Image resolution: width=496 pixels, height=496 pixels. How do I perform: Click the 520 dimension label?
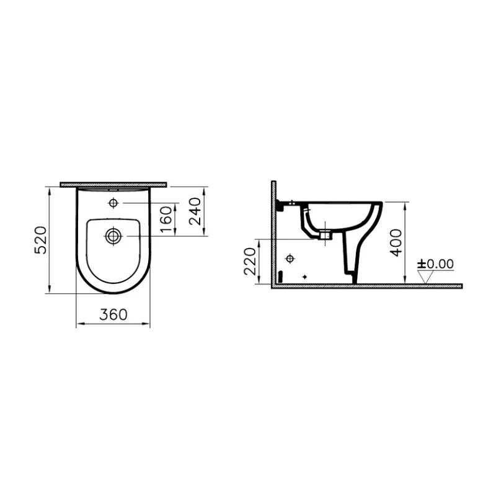point(40,240)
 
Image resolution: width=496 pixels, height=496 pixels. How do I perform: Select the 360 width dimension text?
point(113,315)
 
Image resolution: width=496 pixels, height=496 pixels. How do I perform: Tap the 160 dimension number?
point(165,219)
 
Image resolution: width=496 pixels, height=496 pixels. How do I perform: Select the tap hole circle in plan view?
point(113,203)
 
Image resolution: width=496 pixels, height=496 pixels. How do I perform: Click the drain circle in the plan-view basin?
point(113,235)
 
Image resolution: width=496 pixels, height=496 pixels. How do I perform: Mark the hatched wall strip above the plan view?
point(113,184)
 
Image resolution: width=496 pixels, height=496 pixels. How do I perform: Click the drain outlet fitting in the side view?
point(326,235)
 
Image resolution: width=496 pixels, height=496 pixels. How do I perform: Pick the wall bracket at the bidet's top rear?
point(283,203)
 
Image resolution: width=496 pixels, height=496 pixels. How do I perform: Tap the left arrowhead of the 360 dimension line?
point(77,324)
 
